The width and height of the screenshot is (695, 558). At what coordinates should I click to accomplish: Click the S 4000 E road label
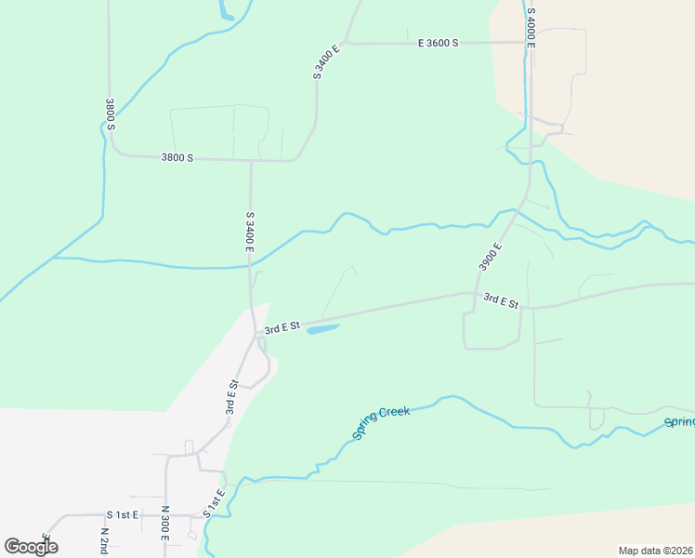[x=531, y=28]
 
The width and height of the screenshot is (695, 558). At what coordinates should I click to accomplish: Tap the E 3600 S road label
[x=439, y=43]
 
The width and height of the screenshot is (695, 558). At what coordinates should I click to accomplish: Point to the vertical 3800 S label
[x=110, y=114]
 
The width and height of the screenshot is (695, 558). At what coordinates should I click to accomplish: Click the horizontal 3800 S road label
[x=177, y=158]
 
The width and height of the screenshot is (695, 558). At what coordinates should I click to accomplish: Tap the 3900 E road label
[x=491, y=257]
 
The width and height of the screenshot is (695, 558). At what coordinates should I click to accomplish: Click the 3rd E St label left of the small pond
[x=282, y=327]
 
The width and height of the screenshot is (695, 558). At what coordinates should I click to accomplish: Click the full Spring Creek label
[x=381, y=423]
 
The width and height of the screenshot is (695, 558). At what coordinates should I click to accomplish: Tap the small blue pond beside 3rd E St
[x=321, y=328]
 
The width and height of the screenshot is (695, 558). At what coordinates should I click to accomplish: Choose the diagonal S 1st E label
[x=214, y=504]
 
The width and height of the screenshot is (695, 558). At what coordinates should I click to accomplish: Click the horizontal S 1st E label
[x=122, y=514]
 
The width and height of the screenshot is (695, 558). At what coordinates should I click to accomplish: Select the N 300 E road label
[x=164, y=524]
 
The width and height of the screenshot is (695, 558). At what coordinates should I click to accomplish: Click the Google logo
[x=31, y=547]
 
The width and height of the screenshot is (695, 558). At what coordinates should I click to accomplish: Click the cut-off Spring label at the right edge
[x=679, y=422]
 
